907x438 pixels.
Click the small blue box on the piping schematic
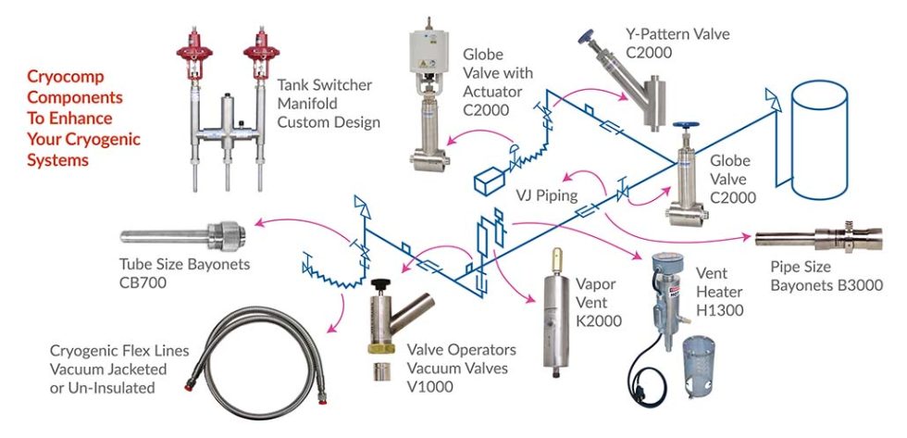coord(486,181)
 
